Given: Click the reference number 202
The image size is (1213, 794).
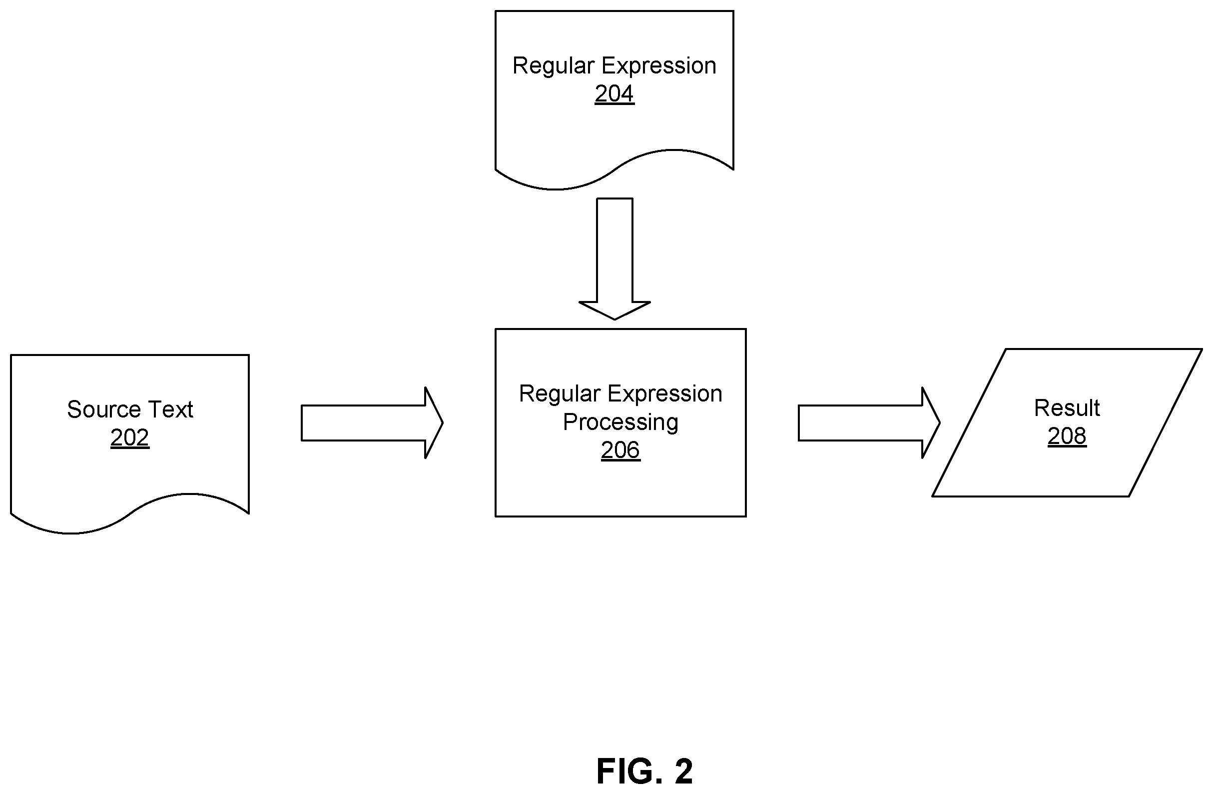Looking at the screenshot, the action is coord(129,437).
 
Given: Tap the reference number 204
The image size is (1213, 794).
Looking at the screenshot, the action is coord(614,94).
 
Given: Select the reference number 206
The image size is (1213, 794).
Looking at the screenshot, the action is coord(620,450).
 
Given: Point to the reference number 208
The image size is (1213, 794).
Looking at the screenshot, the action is coord(1067,436).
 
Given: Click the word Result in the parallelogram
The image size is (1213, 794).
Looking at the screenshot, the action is coord(1067,408).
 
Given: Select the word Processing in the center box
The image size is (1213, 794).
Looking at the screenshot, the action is coord(620,422).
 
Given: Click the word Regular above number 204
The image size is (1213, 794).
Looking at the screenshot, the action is coord(554,66).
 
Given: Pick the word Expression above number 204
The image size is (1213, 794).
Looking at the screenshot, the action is coord(659,66).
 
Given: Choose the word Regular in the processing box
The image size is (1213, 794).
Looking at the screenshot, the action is coord(560,393).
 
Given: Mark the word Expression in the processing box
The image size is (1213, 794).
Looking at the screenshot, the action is coord(665,393).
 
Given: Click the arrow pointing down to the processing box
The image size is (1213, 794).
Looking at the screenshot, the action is coord(614,258).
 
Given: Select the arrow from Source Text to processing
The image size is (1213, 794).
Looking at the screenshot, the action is coord(372,423).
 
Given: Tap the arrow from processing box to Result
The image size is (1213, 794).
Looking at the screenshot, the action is coord(869,423).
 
